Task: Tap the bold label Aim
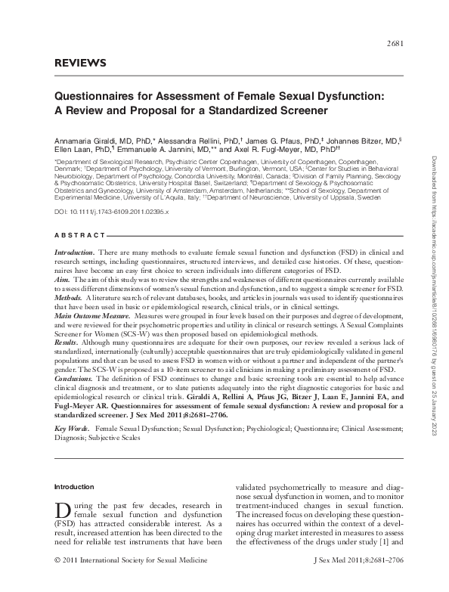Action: click(x=62, y=279)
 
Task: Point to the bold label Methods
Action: click(x=68, y=297)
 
